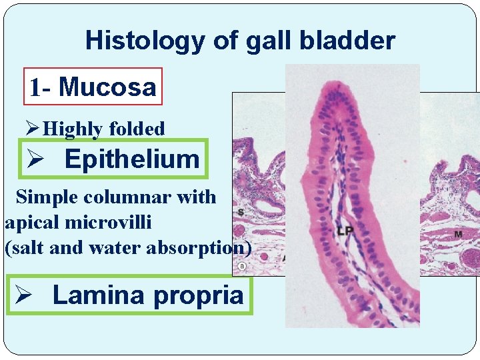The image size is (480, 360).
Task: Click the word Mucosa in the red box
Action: coord(107,87)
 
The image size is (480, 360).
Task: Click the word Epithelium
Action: coord(132,159)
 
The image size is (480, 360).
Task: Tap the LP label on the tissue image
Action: coord(345,231)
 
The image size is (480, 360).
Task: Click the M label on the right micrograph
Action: coord(459,234)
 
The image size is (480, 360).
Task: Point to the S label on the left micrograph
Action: coord(240,213)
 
